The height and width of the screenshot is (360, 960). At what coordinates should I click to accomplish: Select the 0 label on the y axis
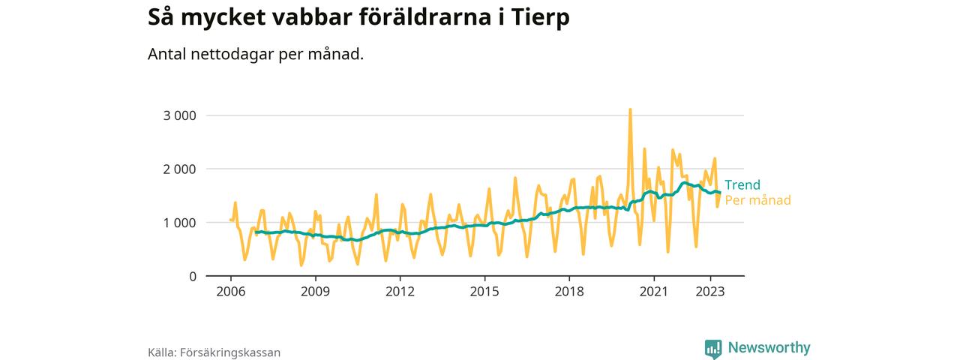tap(192, 276)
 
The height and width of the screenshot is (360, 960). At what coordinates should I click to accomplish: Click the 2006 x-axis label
tap(230, 291)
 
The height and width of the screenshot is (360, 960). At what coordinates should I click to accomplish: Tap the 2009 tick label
tap(315, 291)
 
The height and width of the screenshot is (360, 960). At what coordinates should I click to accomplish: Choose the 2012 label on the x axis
tap(400, 291)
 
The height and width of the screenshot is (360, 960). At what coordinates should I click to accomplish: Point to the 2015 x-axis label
tap(484, 291)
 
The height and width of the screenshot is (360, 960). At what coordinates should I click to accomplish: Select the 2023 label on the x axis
tap(710, 291)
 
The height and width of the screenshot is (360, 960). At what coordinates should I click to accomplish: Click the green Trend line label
tap(742, 185)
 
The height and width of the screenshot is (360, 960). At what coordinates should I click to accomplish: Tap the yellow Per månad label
tap(757, 200)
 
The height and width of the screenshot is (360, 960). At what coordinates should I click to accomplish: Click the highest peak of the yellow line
tap(630, 109)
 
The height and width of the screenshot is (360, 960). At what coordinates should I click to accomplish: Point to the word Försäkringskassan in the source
tap(230, 352)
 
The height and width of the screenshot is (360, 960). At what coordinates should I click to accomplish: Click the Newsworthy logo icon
tap(712, 349)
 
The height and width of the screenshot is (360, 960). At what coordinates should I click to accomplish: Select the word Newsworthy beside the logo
tap(768, 348)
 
